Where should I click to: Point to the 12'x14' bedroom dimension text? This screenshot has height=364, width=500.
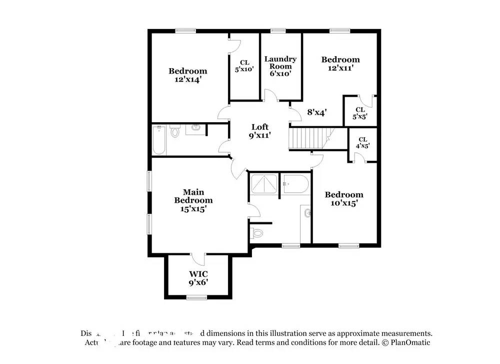[187, 79]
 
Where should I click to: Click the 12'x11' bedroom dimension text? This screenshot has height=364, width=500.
[340, 68]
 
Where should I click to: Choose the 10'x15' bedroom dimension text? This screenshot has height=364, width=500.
[344, 203]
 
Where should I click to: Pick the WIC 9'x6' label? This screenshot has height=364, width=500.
[198, 278]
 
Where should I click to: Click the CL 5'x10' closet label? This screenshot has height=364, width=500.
[244, 66]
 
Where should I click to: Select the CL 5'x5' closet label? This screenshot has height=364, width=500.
[360, 113]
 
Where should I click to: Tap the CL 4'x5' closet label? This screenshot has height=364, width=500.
[363, 143]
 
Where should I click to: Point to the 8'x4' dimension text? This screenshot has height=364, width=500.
[316, 113]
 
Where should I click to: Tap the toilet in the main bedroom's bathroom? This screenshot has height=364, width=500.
[257, 233]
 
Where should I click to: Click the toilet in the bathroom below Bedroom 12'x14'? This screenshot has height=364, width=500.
[174, 132]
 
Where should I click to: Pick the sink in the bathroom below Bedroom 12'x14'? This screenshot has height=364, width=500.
[195, 128]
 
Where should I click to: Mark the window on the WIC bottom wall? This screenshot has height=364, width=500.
[196, 297]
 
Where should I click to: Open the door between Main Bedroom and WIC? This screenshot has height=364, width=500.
[198, 258]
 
